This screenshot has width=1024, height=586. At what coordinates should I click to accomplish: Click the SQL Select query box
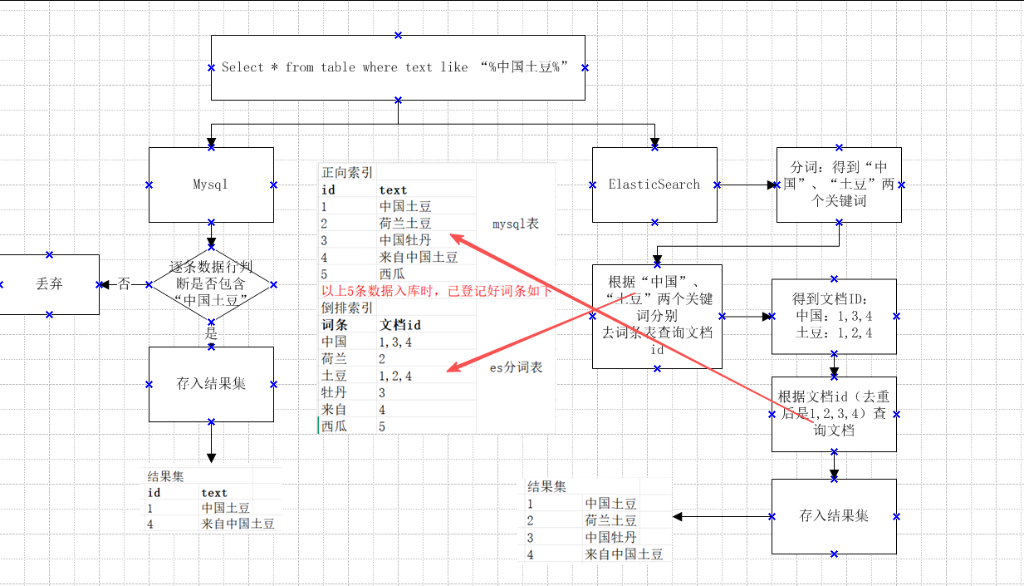point(398,67)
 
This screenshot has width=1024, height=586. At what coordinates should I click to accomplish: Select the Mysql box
point(211,185)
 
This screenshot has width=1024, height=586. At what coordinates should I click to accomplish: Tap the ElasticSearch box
point(654,185)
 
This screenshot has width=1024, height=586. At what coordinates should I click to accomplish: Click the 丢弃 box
point(49,284)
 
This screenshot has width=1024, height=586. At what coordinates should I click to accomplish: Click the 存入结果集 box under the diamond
point(211,384)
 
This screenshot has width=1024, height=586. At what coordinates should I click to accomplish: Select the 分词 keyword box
point(839,185)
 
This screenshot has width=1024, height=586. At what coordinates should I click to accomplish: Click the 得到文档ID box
point(834,317)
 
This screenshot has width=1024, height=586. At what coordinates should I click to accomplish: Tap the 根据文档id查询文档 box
point(834,414)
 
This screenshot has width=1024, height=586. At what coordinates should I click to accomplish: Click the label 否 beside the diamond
point(124,284)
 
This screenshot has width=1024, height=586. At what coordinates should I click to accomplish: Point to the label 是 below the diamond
point(211,333)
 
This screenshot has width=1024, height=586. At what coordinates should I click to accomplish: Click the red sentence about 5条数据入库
point(436,291)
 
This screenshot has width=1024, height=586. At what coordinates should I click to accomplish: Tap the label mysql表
point(516,224)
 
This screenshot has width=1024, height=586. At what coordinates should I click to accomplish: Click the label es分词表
point(516,367)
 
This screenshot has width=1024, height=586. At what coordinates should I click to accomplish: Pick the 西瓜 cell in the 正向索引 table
point(392,274)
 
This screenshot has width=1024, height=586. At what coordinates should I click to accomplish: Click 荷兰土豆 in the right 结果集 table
point(610,520)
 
